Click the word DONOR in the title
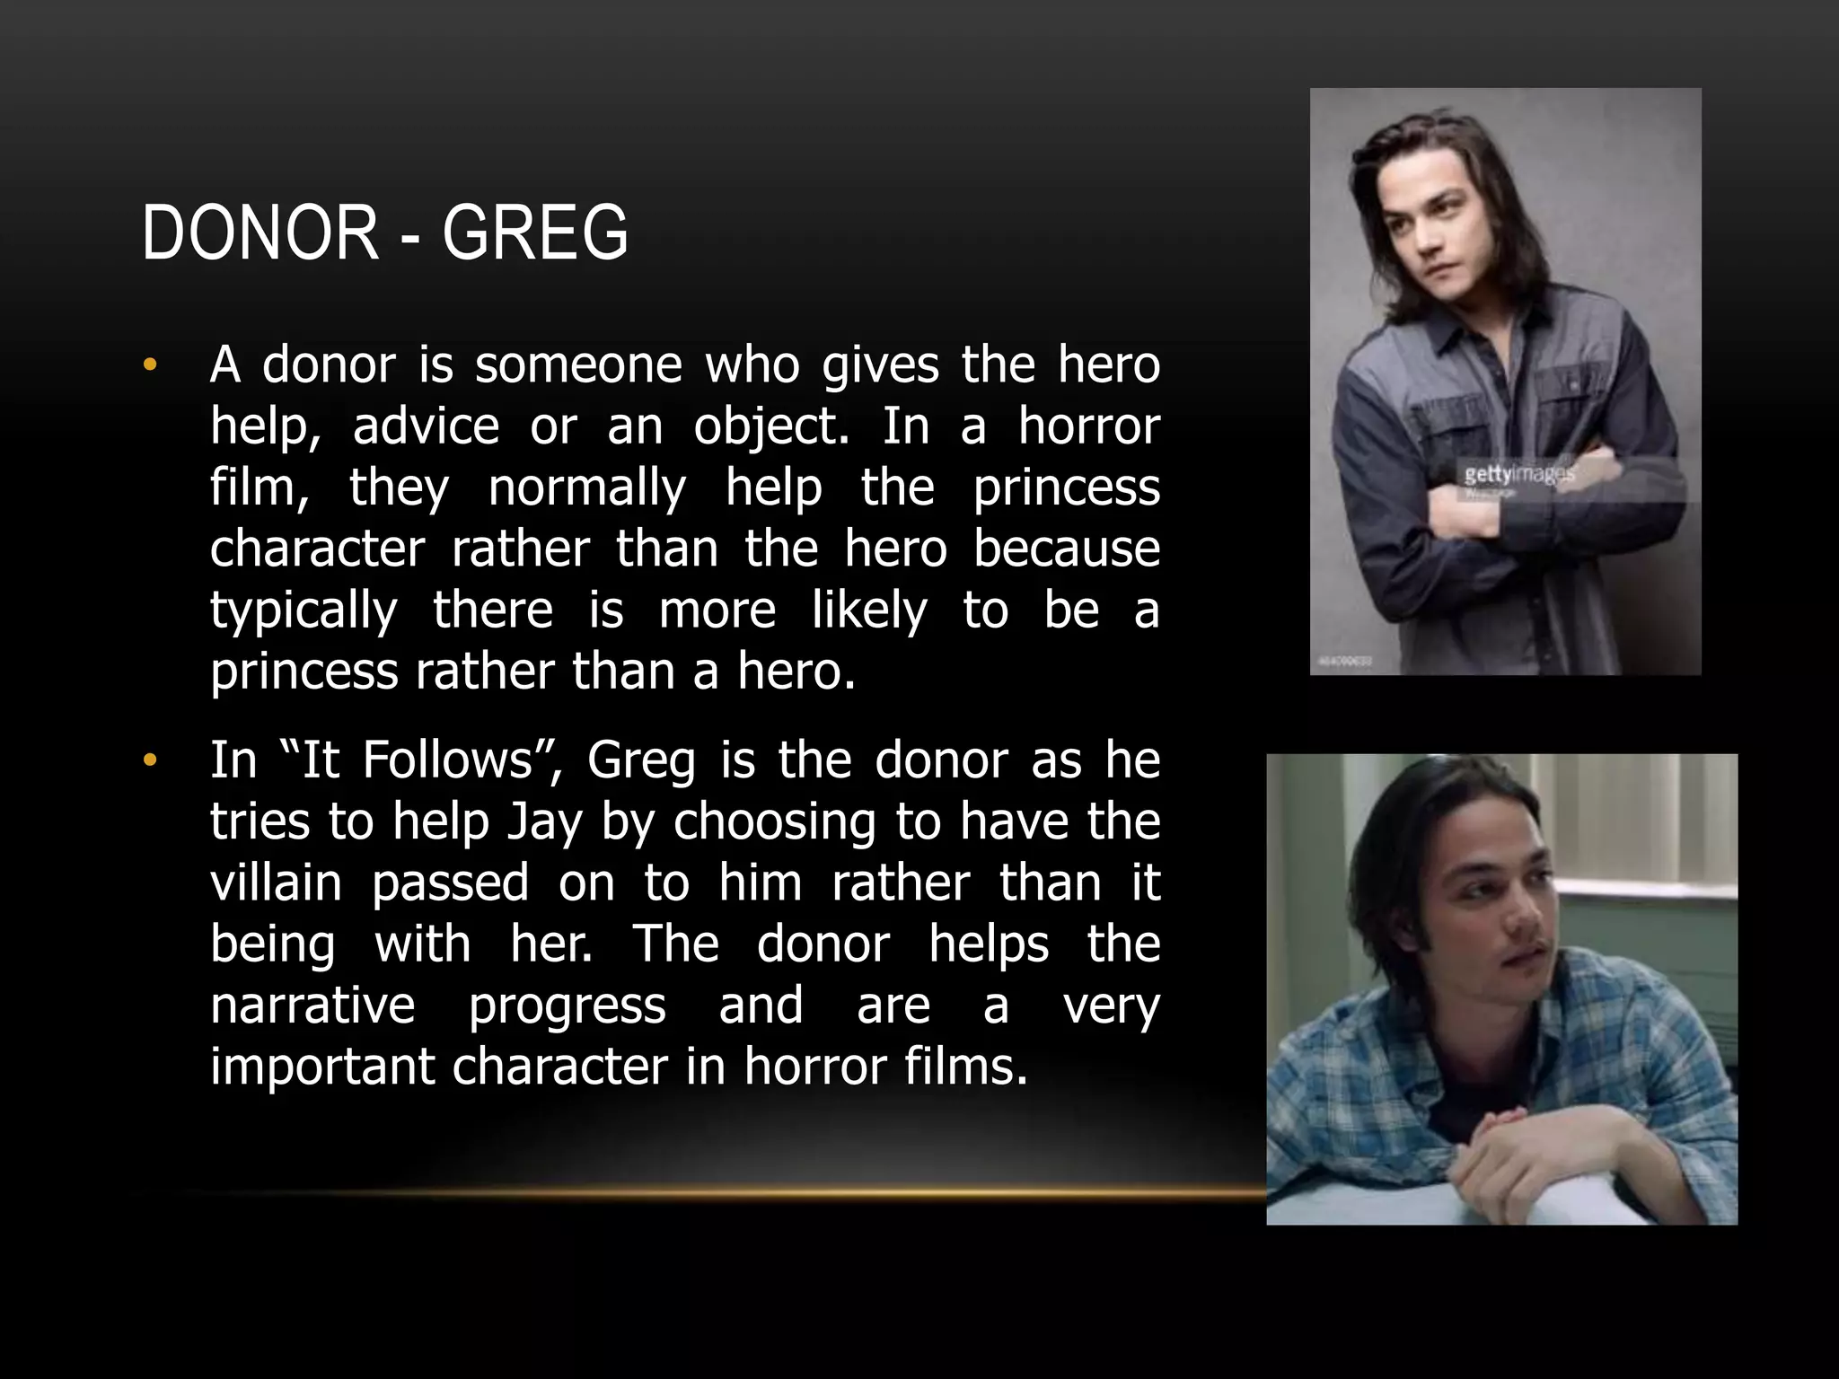click(x=260, y=233)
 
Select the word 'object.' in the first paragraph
click(x=770, y=427)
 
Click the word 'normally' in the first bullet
click(x=587, y=488)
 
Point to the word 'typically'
click(x=304, y=612)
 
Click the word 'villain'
click(x=276, y=883)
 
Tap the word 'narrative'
click(x=312, y=1006)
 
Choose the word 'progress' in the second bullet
click(x=567, y=1006)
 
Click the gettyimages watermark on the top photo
click(x=1517, y=474)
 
